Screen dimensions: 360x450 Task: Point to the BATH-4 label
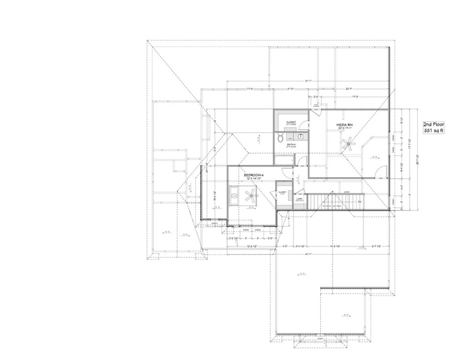291,145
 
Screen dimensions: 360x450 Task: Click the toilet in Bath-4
280,138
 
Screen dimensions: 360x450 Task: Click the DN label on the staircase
360,202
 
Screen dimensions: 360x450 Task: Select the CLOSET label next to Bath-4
291,122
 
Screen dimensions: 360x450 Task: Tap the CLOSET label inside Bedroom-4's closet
282,192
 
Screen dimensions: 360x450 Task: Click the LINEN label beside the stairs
299,199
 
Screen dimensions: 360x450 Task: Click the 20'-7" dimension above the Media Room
349,89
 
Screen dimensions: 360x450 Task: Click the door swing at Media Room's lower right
380,172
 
